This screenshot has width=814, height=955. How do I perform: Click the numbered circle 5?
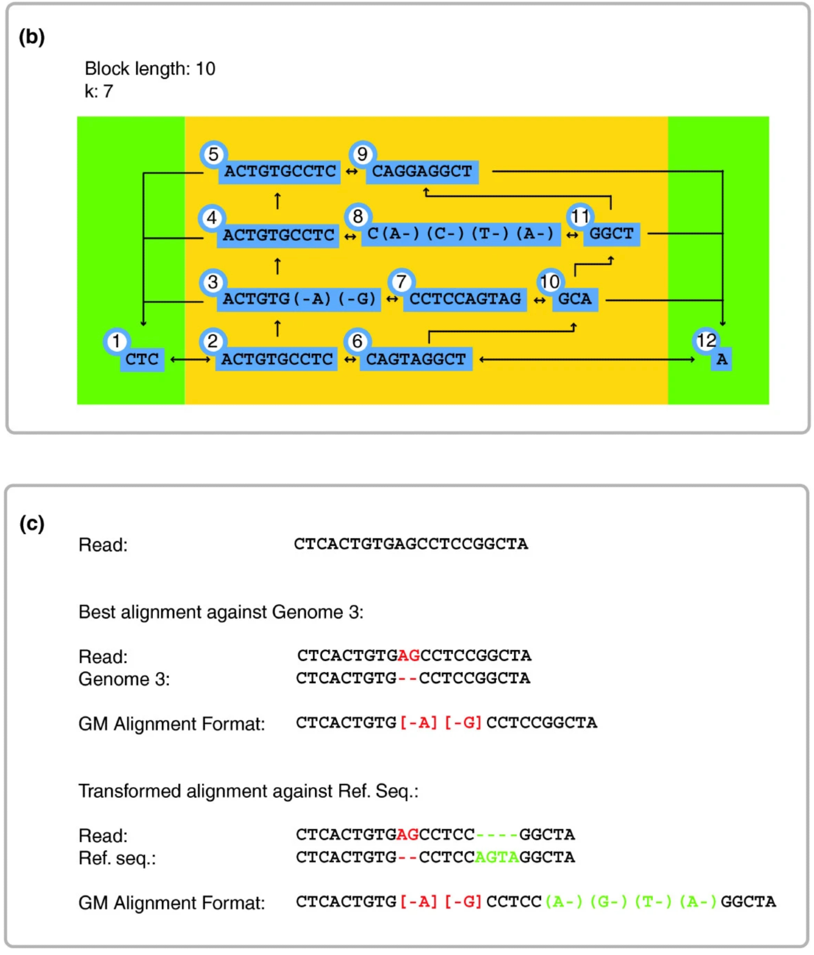[213, 154]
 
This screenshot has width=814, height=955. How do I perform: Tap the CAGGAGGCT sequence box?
[422, 171]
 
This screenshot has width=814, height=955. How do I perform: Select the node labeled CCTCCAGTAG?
[465, 299]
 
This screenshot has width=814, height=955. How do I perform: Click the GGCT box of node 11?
[611, 234]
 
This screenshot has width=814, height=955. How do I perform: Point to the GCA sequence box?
[575, 299]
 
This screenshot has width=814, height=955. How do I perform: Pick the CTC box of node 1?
[142, 360]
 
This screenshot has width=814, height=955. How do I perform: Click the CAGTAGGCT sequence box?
[416, 360]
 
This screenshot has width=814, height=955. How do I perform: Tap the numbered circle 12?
[706, 340]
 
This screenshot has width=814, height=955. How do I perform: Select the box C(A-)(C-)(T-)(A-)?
[461, 234]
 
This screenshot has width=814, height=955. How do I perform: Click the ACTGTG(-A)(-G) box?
[299, 299]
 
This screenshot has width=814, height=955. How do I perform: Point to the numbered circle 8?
[358, 216]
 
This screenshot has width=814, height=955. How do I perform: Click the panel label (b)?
[32, 37]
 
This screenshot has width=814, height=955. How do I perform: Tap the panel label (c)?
[32, 524]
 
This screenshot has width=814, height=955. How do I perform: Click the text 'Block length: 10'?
[150, 69]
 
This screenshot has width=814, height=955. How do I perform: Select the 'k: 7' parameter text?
[99, 91]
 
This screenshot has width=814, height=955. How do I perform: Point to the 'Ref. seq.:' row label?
[117, 858]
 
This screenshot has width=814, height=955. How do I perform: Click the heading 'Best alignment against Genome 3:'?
[221, 612]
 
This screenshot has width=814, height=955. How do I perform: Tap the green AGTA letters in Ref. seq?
[497, 858]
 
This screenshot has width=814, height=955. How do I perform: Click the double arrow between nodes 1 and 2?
[190, 360]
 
